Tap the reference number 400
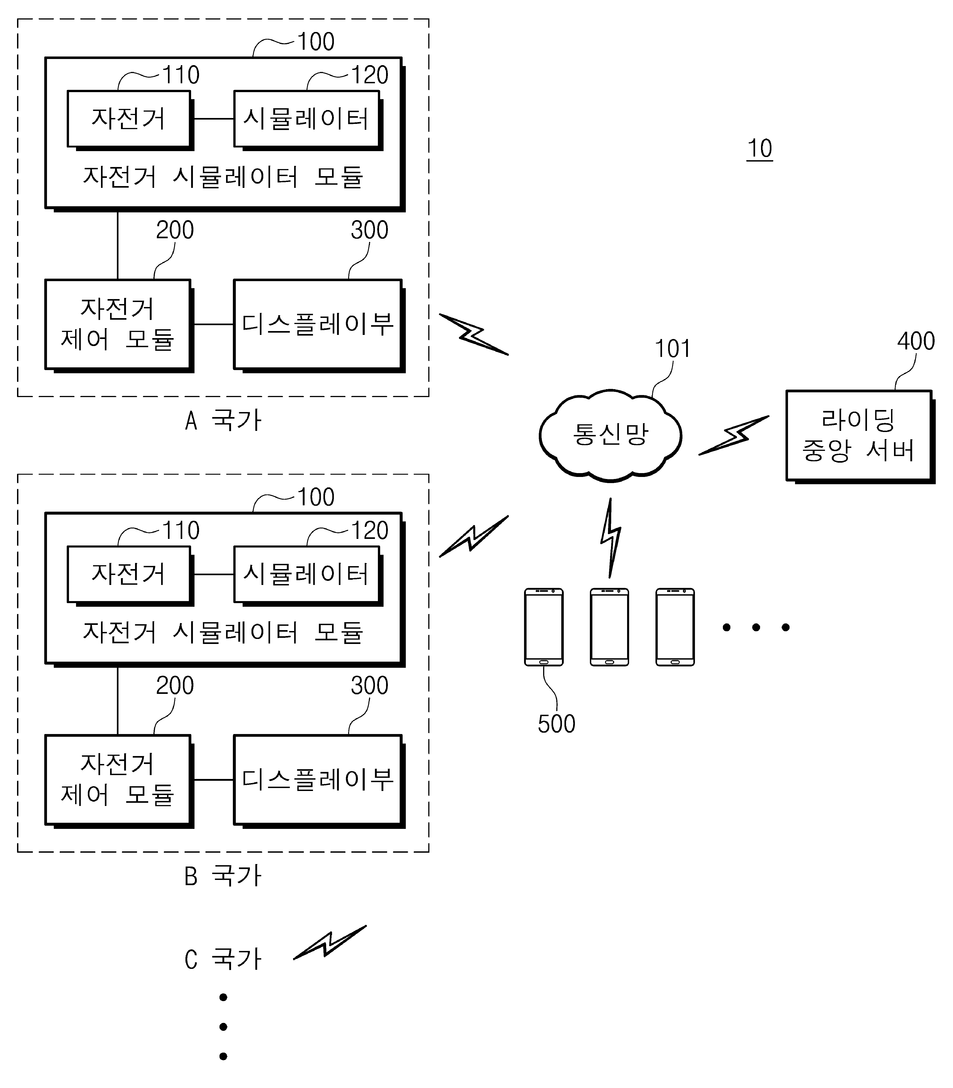point(916,341)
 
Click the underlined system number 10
point(759,149)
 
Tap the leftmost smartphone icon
point(544,627)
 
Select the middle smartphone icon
point(609,627)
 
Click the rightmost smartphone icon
point(675,627)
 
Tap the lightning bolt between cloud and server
point(734,435)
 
